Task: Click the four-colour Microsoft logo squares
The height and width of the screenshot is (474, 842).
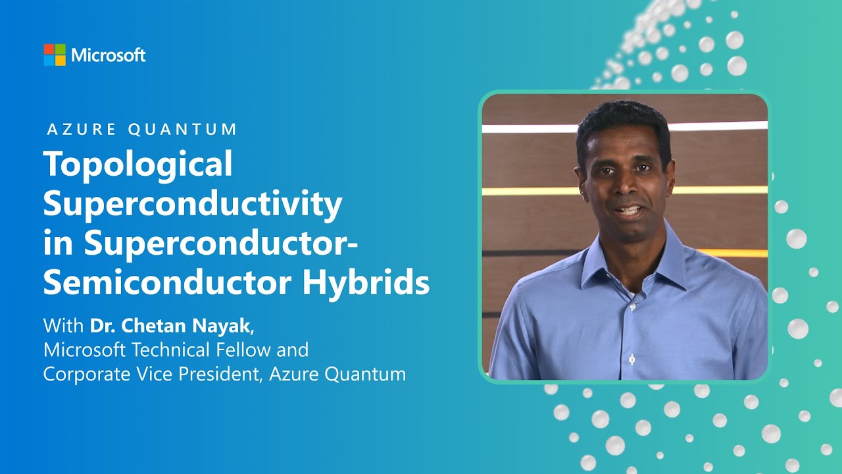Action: coord(55,55)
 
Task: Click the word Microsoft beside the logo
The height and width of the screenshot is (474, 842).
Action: coord(109,55)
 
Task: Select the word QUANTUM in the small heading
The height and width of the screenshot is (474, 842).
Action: coord(182,129)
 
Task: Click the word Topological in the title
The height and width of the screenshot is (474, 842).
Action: coord(138,164)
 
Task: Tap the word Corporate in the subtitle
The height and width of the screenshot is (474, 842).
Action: coord(84,374)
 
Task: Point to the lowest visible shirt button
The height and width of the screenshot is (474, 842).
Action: coord(632,359)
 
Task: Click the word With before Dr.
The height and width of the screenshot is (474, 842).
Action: coord(64,325)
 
